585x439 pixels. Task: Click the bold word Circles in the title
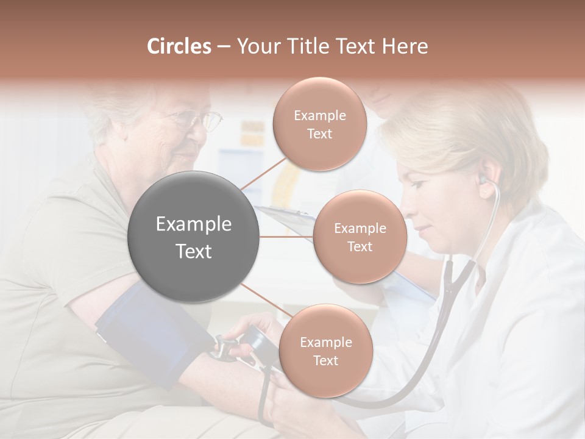(x=179, y=46)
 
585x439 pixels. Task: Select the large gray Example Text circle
(x=194, y=237)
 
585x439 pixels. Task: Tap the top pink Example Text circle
(x=319, y=124)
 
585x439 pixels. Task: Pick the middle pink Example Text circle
(x=360, y=237)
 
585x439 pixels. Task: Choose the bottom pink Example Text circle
(x=325, y=351)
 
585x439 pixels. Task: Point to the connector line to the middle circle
(x=286, y=237)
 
